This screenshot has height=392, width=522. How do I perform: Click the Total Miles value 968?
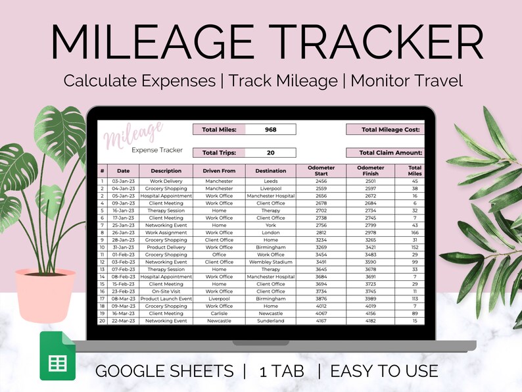coord(270,130)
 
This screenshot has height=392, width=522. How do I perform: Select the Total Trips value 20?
coord(270,153)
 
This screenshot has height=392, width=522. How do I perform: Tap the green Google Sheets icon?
coord(58,356)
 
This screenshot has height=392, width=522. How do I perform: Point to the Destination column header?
coord(270,171)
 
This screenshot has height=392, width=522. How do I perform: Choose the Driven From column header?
coord(219,171)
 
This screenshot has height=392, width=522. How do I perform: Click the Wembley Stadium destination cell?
coord(270,262)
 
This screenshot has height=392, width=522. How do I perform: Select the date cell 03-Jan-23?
coord(124,181)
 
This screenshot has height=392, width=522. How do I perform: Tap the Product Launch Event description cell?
coord(166,299)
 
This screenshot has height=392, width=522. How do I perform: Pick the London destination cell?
coord(270,232)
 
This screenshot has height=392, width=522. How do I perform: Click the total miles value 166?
coord(415,232)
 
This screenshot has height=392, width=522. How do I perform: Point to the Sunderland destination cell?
coord(270,321)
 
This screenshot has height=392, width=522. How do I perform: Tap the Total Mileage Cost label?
coord(390,130)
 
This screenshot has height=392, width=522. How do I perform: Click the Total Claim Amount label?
coord(390,153)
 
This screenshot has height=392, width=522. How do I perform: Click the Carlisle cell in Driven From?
coord(219,314)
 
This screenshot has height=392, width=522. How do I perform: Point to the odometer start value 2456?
coord(321,181)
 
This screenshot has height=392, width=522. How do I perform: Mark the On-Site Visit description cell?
coord(166,291)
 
